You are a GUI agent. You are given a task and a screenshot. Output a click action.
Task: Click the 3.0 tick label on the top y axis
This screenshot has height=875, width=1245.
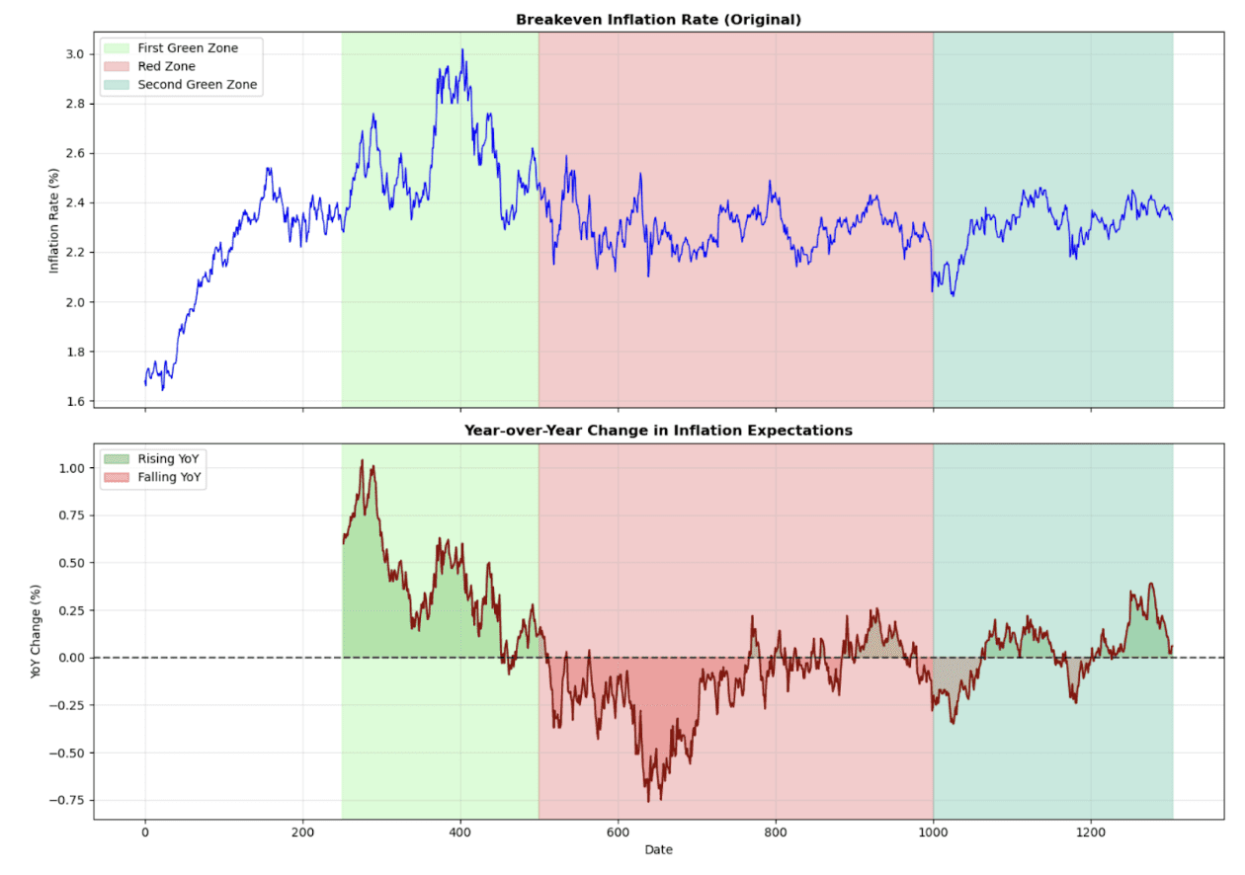74,54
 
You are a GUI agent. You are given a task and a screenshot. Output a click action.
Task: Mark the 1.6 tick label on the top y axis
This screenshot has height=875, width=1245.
74,401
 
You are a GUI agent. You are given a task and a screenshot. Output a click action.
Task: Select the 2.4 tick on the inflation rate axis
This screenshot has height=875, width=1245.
74,203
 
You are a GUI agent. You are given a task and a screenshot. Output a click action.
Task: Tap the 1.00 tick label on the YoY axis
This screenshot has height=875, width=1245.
69,468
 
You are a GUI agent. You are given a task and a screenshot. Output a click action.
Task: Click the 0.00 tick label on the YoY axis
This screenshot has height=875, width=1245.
69,658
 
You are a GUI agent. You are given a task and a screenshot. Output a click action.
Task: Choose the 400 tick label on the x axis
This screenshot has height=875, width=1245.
460,832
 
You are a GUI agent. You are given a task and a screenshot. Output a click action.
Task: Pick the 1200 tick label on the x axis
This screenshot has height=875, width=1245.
1091,832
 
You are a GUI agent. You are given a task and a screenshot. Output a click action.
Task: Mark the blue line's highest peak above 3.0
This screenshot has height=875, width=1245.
461,49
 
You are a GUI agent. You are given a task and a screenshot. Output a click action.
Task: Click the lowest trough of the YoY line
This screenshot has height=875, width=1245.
649,801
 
